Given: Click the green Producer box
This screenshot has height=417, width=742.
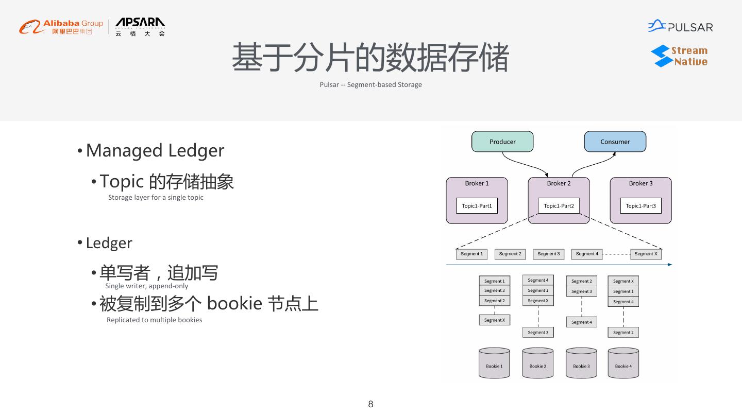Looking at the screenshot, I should [x=502, y=142].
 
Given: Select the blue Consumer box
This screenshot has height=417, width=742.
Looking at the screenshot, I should [x=615, y=142].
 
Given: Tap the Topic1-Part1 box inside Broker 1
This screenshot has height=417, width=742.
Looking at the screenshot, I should [x=477, y=206].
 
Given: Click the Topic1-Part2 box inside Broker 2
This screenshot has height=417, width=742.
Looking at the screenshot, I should [x=559, y=206].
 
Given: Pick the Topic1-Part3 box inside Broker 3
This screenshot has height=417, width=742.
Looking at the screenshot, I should [x=640, y=206].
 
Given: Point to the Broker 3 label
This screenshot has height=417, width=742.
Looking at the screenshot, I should [x=640, y=183].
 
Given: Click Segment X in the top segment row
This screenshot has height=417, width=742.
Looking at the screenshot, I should [x=646, y=254].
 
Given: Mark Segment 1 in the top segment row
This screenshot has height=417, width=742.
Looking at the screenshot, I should [x=471, y=254].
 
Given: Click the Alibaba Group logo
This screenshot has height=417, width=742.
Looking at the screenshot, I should [x=61, y=27].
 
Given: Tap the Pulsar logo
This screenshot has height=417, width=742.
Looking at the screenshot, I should [x=680, y=26].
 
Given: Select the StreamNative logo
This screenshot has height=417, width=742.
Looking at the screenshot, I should [x=679, y=56].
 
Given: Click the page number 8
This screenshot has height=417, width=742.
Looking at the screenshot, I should [x=370, y=404].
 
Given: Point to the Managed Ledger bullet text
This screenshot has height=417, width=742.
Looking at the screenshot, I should [x=155, y=150].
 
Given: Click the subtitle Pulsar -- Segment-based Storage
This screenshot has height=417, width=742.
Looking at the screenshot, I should [x=370, y=84].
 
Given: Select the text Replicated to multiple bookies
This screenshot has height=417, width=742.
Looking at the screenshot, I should [x=154, y=320].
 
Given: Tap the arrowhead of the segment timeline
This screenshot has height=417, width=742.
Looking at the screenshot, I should [x=670, y=265].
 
